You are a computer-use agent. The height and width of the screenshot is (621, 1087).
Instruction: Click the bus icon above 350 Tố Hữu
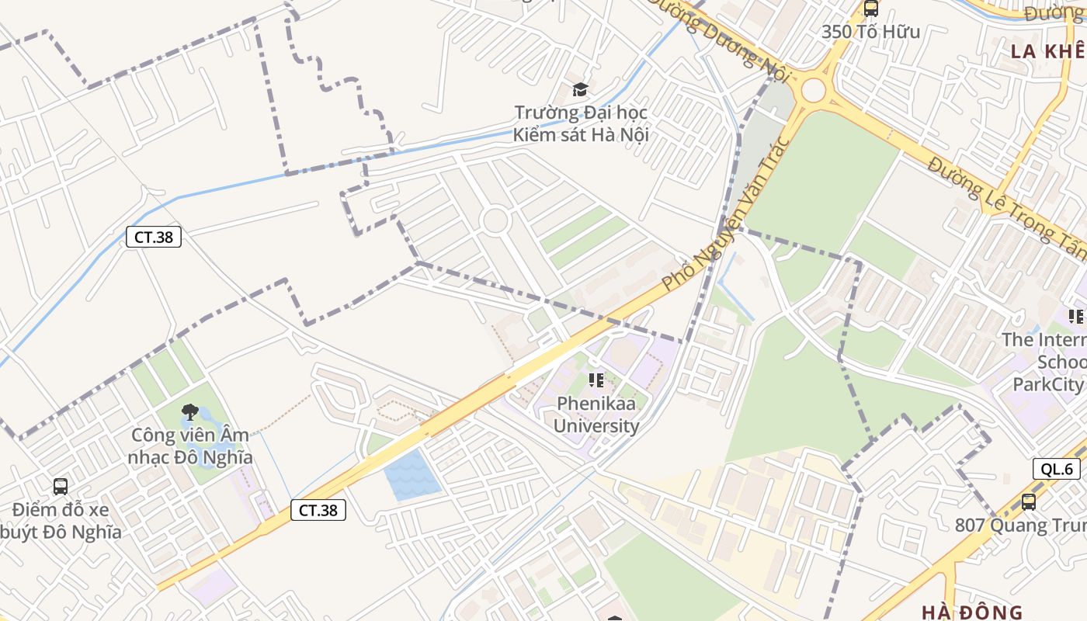point(871,9)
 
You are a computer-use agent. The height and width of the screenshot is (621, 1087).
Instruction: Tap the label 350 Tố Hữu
point(870,32)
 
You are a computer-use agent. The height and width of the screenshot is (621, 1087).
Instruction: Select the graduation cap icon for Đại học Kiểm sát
point(580,89)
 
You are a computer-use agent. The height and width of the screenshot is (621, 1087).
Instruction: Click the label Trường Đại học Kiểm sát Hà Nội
point(580,123)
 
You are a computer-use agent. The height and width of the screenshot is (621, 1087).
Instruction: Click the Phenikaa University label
point(596,415)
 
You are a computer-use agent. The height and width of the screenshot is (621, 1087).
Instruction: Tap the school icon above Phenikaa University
point(596,380)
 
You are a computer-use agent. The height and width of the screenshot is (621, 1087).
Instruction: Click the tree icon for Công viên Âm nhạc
point(189,412)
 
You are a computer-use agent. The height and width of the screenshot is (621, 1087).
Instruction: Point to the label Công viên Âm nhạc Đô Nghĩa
point(191,446)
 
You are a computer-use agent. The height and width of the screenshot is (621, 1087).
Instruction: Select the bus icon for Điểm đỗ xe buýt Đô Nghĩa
point(61,487)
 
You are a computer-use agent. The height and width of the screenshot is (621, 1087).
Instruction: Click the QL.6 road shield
point(1057,469)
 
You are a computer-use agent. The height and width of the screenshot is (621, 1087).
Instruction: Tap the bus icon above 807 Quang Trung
point(1029,501)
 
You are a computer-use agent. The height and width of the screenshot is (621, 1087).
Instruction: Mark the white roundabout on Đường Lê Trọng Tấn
point(813,90)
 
